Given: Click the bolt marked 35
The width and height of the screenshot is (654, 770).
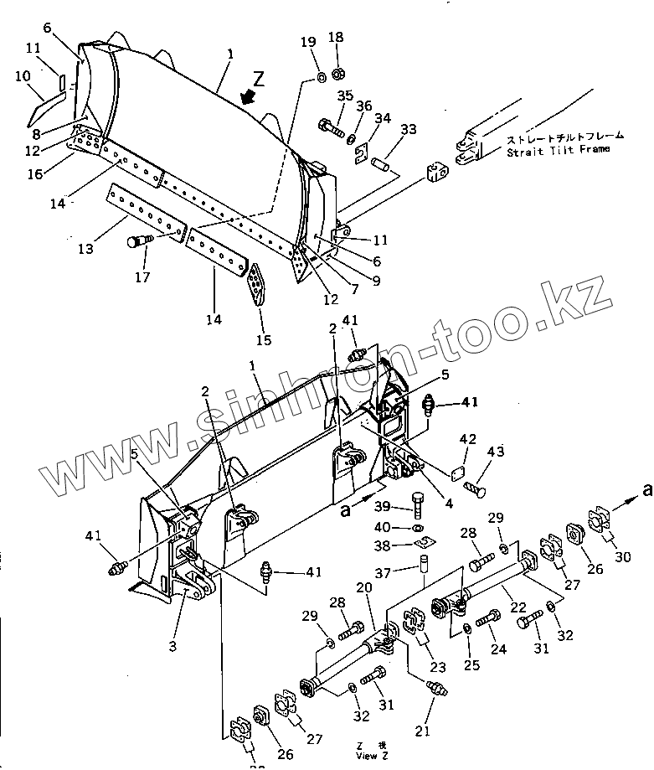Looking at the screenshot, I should pos(332,130).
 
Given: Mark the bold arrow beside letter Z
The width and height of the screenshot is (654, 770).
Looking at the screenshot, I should pos(246,98).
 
